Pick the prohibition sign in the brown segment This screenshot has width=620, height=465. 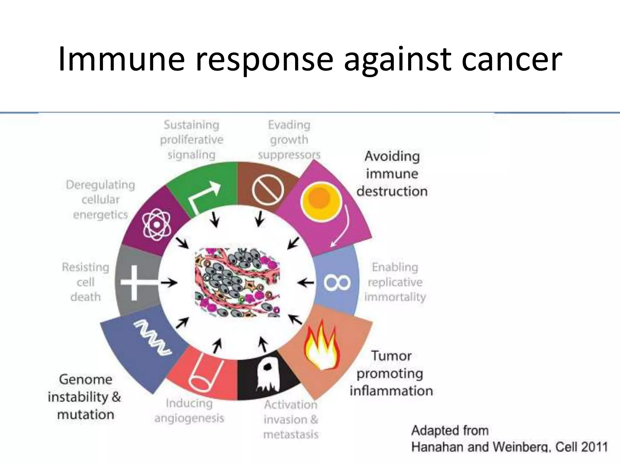[x=268, y=190]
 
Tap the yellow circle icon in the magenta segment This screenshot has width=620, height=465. [x=321, y=201]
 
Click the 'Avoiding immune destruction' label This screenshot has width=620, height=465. [x=392, y=174]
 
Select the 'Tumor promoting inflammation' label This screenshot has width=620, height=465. [x=391, y=373]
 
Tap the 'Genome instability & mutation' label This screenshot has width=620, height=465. [x=85, y=397]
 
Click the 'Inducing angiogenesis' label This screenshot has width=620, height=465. [x=189, y=411]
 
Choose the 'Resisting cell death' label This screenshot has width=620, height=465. [x=85, y=282]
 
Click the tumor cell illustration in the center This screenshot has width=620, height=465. [x=237, y=282]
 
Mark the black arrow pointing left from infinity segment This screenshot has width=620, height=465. [x=305, y=283]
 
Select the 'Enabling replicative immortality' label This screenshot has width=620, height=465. [x=395, y=282]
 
